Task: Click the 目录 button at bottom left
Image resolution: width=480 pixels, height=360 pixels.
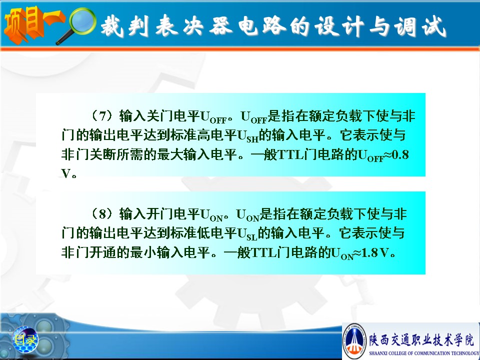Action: (25, 340)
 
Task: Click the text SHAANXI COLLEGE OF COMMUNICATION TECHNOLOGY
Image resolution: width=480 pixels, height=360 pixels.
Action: (424, 353)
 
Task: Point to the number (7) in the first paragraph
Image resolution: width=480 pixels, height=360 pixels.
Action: (102, 115)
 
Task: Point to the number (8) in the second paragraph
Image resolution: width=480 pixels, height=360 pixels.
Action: (102, 213)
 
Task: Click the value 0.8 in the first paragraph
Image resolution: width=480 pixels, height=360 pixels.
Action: (400, 155)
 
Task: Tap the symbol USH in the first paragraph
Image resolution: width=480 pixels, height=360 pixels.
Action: (248, 136)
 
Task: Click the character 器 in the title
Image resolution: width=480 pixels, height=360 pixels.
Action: (220, 25)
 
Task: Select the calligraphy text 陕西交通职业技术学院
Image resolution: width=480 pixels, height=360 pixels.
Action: (421, 340)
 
